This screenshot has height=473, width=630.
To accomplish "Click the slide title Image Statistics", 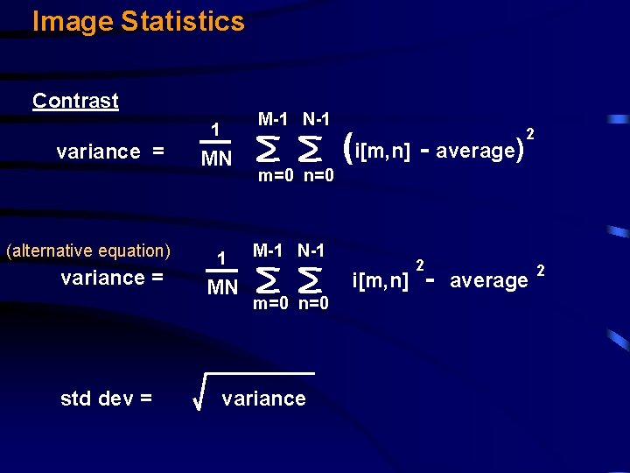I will (x=138, y=21).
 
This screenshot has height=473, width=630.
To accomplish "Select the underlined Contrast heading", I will (x=75, y=101).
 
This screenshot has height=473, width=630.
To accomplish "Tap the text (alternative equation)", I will (x=88, y=251).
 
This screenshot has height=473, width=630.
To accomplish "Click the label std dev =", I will (x=106, y=399).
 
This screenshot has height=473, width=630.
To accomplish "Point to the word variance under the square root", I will (x=263, y=399).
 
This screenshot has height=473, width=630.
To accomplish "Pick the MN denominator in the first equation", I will (x=216, y=159).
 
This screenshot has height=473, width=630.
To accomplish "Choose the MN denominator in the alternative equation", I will (x=222, y=286).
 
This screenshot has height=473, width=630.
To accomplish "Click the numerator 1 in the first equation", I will (x=215, y=131).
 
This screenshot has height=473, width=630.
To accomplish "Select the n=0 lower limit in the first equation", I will (x=318, y=176).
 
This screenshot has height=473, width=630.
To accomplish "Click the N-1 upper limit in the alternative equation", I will (x=311, y=250).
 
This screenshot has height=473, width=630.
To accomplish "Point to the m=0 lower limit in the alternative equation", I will (x=272, y=304).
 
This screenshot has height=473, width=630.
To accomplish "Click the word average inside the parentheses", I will (x=475, y=151).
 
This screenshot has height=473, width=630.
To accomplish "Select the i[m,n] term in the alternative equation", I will (x=380, y=281).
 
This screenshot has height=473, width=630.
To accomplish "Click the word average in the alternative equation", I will (x=488, y=280).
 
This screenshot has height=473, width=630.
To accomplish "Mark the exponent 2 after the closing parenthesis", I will (x=530, y=132).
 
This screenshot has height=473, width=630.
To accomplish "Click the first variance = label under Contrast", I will (x=110, y=152).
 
